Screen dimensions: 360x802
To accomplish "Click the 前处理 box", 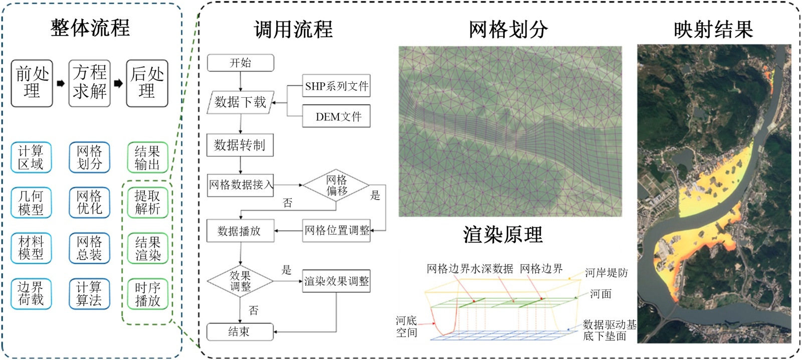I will point(32,83).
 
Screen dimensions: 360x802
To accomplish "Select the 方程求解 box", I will point(89,83).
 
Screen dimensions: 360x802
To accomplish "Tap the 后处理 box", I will point(147,83).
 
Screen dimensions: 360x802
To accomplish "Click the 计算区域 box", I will point(31,157).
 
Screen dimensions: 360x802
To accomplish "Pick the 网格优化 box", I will point(89,202).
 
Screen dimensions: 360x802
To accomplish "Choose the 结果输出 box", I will point(147,157).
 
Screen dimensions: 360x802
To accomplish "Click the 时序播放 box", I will point(147,294).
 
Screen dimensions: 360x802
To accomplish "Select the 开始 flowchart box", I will point(241,63).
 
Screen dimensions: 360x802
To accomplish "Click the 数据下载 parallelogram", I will point(240,102).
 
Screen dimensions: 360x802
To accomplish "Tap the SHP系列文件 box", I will point(336,86).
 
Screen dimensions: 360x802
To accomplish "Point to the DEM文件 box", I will point(336,117).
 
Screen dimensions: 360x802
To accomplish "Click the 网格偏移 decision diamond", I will point(336,186).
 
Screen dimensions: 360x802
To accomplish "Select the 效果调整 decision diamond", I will point(241,281).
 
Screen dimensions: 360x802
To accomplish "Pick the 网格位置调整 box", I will point(336,231).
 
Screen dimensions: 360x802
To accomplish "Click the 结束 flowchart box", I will point(240,332).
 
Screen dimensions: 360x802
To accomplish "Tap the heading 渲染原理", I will point(503,235).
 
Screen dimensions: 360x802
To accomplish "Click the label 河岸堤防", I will point(606,273).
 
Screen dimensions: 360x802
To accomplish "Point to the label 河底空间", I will point(407,326).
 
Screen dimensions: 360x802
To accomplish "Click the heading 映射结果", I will point(713,30).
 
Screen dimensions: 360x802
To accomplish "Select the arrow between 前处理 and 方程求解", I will point(61,83).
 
